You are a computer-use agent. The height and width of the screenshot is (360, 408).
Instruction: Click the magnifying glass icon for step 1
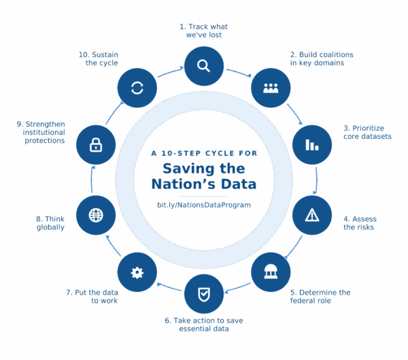click(x=203, y=65)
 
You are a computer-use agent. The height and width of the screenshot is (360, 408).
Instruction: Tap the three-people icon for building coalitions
click(x=271, y=88)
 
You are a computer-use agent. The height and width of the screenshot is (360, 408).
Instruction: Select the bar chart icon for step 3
click(x=312, y=144)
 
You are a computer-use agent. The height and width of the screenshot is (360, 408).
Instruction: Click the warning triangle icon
click(x=312, y=215)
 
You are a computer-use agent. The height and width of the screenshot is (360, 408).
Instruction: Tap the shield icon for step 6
click(x=203, y=294)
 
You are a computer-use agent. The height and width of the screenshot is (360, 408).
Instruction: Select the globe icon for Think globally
click(x=96, y=215)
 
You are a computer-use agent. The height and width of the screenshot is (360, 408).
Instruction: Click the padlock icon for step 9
click(x=96, y=144)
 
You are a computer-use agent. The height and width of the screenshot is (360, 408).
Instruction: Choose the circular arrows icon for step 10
click(x=137, y=88)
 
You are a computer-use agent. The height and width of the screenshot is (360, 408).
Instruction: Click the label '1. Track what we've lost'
click(x=203, y=30)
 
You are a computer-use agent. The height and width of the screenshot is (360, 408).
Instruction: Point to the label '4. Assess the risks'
click(x=360, y=223)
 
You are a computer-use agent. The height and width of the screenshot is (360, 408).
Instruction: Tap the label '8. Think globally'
click(x=50, y=223)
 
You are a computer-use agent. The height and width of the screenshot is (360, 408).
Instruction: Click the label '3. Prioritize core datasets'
click(x=367, y=131)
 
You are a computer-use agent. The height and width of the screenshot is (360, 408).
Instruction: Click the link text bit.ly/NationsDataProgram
click(x=203, y=204)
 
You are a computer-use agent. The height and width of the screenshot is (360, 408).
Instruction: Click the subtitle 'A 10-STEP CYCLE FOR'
click(x=203, y=153)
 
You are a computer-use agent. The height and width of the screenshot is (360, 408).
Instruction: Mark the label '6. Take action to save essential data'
click(x=203, y=323)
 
